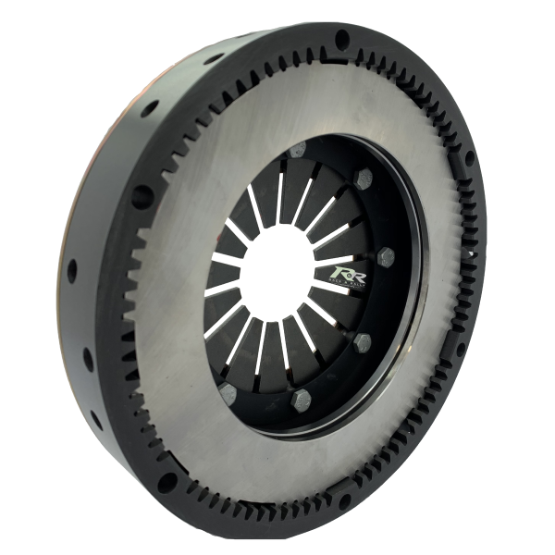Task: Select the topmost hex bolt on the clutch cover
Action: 297,152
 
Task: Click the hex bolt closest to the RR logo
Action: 387,256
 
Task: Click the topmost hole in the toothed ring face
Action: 341,40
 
